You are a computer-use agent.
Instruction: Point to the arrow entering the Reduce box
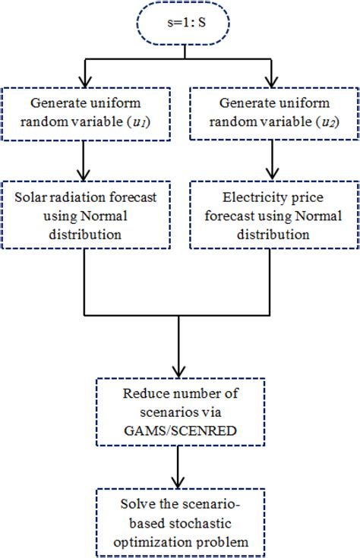179,349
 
